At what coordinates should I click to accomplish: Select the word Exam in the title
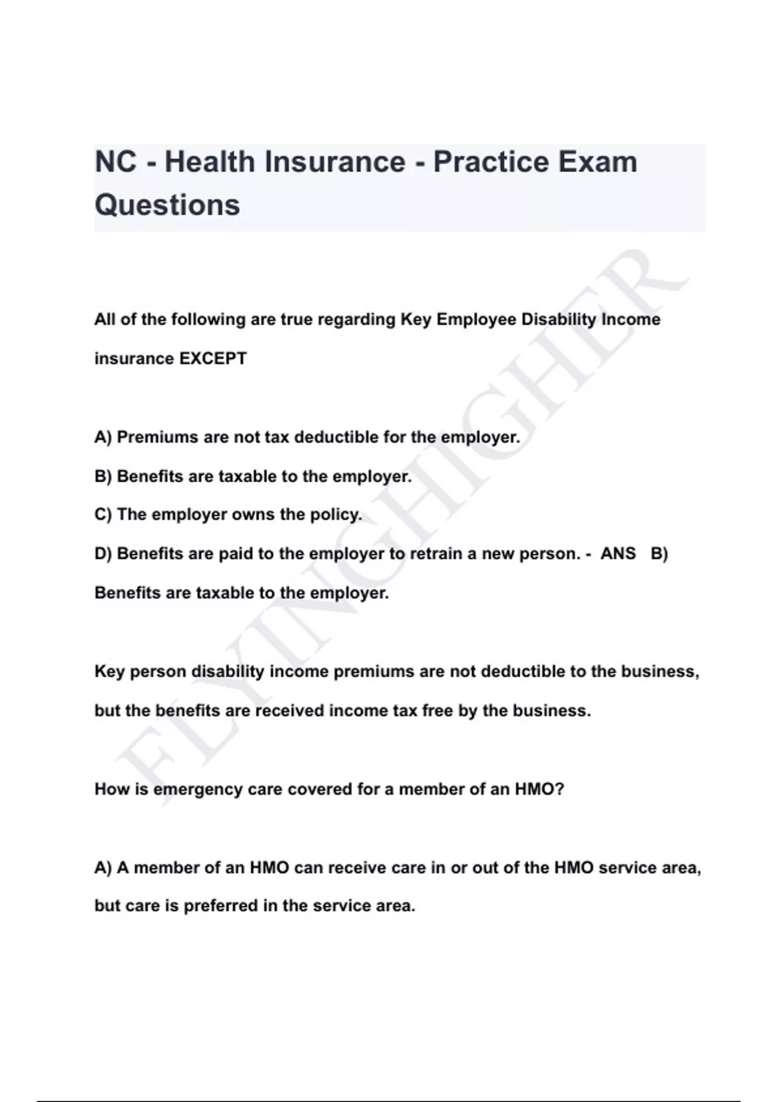coord(597,161)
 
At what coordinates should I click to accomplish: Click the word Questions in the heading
coord(167,205)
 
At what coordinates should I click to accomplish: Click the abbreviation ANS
coord(618,554)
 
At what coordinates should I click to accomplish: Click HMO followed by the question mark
coord(539,790)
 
